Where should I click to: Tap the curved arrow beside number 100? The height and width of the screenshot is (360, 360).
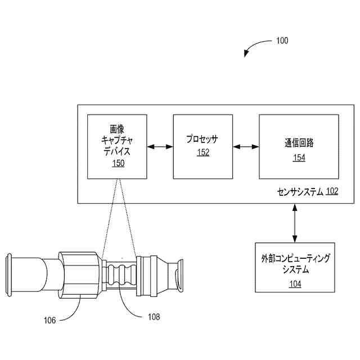256,46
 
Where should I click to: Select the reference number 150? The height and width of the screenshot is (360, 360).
118,163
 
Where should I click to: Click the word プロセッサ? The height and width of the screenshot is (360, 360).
202,139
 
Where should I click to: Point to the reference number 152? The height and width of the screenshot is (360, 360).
202,152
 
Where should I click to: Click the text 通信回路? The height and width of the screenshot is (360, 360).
299,143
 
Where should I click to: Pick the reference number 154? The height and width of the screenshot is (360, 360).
299,157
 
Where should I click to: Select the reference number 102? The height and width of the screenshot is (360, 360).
332,191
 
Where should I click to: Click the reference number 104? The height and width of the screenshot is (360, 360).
295,284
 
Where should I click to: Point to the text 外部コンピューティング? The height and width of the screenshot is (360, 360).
295,259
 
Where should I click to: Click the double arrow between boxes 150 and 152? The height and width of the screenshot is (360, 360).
160,147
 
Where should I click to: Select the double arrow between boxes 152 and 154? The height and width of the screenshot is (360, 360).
246,147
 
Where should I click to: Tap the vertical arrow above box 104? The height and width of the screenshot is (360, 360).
295,223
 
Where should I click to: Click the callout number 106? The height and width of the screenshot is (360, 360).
50,321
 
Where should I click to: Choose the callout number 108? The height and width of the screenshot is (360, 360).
154,317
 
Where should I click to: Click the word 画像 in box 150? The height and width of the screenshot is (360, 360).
118,129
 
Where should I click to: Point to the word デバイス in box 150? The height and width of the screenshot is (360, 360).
118,151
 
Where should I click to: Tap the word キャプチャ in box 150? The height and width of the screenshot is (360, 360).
118,140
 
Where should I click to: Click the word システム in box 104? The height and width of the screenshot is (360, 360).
295,271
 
